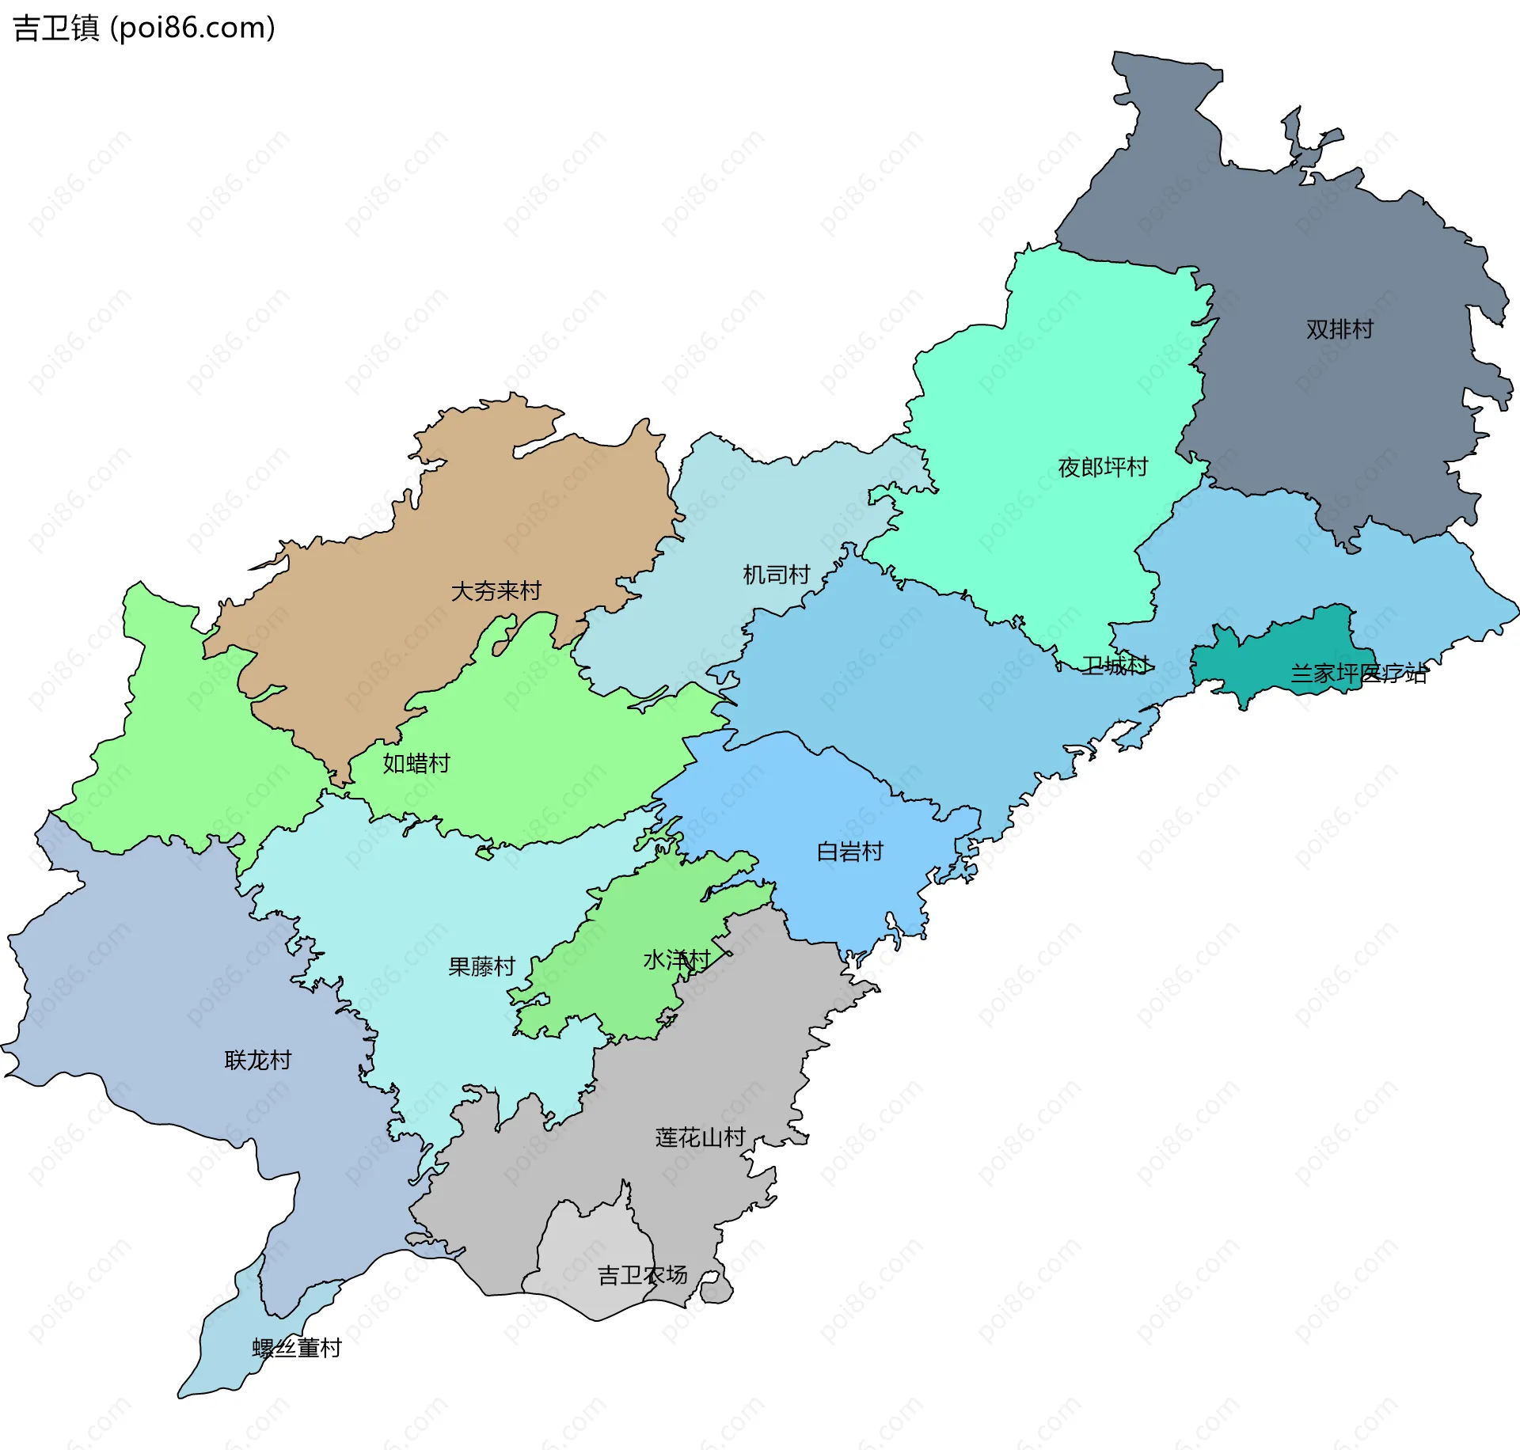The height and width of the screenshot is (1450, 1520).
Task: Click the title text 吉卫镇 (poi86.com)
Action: tap(144, 28)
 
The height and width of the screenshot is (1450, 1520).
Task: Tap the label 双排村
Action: tap(1339, 329)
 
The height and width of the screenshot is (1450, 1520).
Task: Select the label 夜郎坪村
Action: tap(1103, 467)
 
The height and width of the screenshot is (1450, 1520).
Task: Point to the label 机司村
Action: tap(776, 575)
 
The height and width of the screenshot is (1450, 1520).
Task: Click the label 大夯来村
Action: tap(496, 590)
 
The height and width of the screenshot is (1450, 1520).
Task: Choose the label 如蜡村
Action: tap(416, 763)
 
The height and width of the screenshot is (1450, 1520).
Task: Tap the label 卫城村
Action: tap(1115, 666)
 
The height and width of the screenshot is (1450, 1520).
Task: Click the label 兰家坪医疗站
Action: tap(1358, 674)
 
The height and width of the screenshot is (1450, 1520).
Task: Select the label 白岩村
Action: tap(849, 852)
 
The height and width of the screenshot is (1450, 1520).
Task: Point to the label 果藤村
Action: tap(481, 966)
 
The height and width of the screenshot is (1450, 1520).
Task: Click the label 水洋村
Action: tap(676, 960)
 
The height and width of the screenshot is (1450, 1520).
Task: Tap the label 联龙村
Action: tap(258, 1060)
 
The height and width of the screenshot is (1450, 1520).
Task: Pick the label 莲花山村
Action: tap(700, 1137)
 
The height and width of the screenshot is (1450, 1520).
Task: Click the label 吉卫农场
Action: tap(642, 1275)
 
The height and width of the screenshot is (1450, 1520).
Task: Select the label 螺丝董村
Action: tap(297, 1348)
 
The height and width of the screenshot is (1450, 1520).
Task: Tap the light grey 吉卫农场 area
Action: tap(586, 1251)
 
